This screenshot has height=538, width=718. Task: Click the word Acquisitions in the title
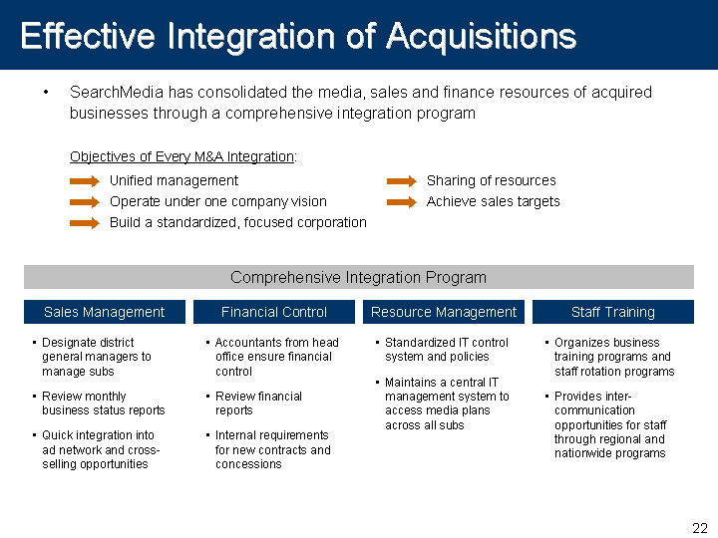click(x=481, y=37)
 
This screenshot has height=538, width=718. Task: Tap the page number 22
click(x=700, y=528)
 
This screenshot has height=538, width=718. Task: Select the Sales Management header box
click(x=105, y=312)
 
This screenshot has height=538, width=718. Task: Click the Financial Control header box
click(x=274, y=312)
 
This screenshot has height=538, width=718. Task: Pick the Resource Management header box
click(x=443, y=312)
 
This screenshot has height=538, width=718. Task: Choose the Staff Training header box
click(x=613, y=312)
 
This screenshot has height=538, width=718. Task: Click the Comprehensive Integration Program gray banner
click(x=359, y=277)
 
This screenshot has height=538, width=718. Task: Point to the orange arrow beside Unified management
click(x=85, y=181)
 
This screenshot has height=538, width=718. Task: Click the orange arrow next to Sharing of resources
click(x=402, y=181)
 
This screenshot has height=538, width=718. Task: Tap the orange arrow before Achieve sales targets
click(x=402, y=202)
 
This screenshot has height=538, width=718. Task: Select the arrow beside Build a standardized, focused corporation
click(x=85, y=223)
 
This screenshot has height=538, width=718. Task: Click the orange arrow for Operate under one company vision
click(x=85, y=202)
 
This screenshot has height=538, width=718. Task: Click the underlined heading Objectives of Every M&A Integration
click(x=181, y=157)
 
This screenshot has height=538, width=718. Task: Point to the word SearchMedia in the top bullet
click(x=117, y=92)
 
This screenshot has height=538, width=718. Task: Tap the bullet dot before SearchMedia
click(x=46, y=93)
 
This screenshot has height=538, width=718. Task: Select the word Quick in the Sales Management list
click(x=57, y=435)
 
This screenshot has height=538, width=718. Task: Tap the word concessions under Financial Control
click(x=248, y=464)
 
